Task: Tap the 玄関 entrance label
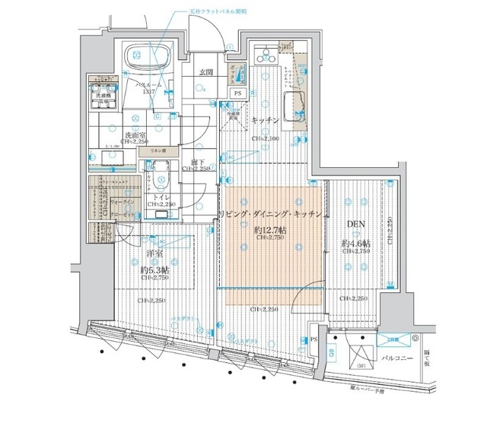pyautogui.click(x=205, y=73)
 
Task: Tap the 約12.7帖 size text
pyautogui.click(x=269, y=229)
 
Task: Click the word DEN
pyautogui.click(x=354, y=226)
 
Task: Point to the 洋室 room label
pyautogui.click(x=154, y=255)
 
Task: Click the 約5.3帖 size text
pyautogui.click(x=154, y=270)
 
